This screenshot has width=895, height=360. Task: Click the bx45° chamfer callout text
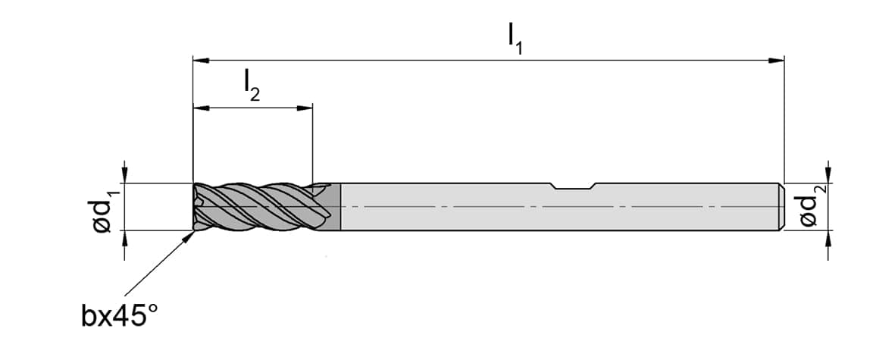click(119, 315)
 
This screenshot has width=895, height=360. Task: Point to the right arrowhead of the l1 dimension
click(776, 60)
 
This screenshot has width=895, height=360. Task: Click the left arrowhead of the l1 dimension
click(202, 60)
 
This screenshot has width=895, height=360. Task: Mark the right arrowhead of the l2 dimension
click(305, 108)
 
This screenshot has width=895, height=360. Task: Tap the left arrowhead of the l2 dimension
click(202, 108)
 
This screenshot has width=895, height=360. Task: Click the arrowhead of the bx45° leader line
click(189, 236)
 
